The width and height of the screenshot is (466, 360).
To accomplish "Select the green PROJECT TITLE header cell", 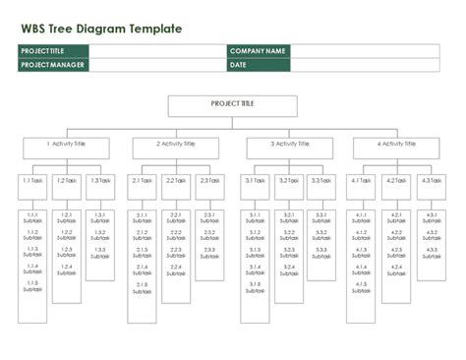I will click(x=52, y=50).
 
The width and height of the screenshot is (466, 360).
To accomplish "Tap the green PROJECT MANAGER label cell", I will click(x=52, y=65).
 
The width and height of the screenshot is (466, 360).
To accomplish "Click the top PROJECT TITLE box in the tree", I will click(x=232, y=106).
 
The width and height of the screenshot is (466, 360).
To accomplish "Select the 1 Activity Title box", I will click(x=65, y=148).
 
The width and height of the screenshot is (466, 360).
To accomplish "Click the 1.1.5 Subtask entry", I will click(x=32, y=287).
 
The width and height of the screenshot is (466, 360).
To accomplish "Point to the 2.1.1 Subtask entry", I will click(x=143, y=217).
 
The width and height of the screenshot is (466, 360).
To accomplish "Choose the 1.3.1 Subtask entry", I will click(x=99, y=217).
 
